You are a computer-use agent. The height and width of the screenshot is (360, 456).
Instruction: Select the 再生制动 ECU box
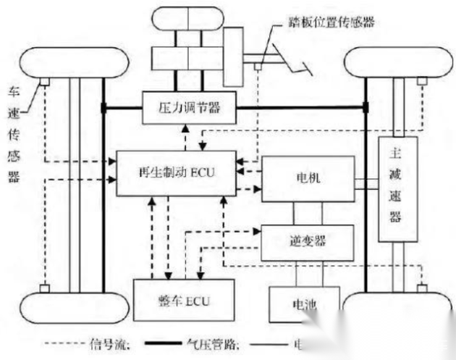177,173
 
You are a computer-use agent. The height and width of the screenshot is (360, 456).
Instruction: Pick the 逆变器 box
308,237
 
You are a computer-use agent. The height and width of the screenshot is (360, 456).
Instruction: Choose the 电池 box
304,305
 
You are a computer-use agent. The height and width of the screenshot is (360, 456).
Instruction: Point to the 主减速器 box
397,188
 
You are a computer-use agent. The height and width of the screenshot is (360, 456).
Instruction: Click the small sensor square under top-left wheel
44,81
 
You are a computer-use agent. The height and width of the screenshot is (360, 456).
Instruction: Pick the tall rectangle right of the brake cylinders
234,56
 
